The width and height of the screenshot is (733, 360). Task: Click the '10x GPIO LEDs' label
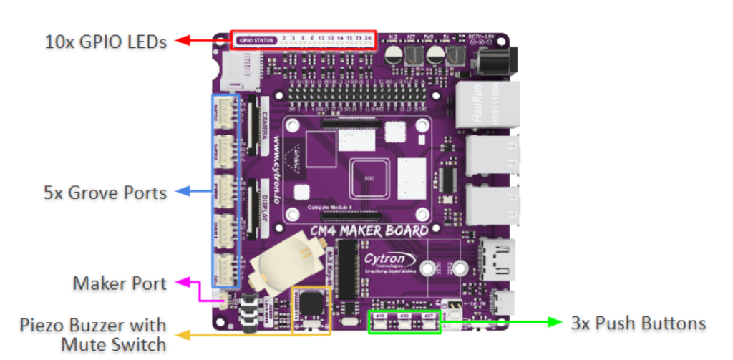(105, 41)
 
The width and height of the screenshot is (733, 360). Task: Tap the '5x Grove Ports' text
(105, 192)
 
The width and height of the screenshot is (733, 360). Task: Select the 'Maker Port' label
(120, 283)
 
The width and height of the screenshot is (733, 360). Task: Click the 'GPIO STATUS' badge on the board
(256, 38)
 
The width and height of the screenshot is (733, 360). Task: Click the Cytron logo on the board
(387, 259)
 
